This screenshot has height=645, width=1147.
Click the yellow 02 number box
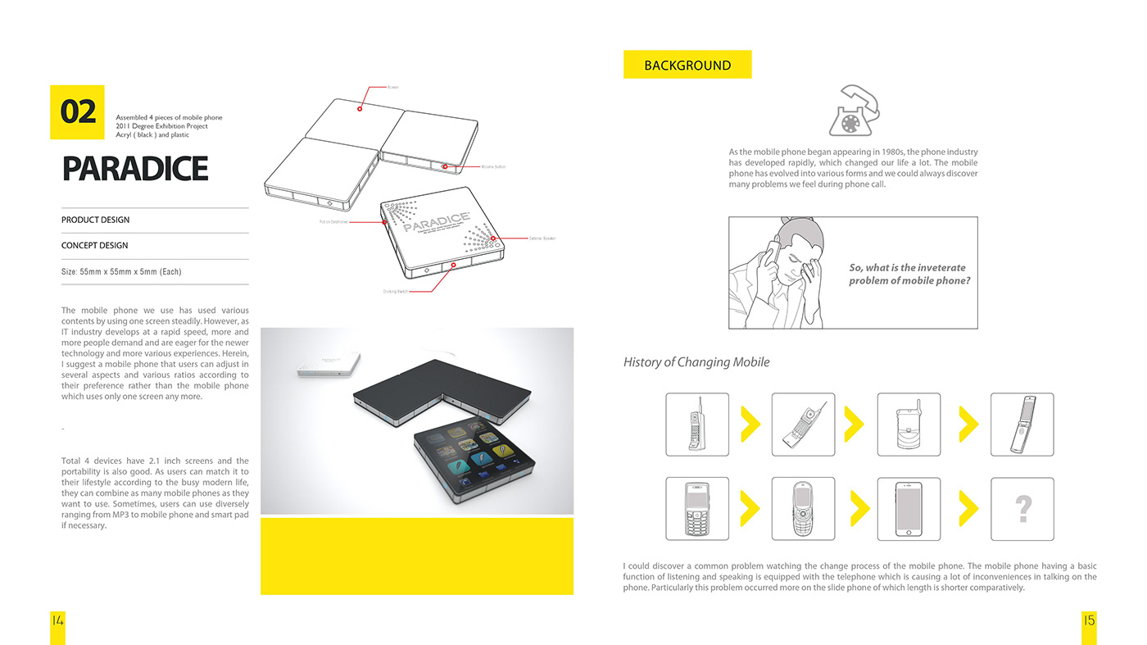77,111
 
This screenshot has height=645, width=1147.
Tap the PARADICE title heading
135,168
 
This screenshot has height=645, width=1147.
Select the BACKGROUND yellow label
687,65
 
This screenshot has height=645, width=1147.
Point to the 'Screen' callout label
393,87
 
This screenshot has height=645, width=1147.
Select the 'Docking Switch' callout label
395,291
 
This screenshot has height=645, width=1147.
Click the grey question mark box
1022,509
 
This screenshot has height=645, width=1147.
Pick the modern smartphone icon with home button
909,509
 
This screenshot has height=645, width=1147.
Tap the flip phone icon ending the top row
1022,424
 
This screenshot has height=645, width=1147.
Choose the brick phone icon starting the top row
696,424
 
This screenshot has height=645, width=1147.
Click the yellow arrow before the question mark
968,509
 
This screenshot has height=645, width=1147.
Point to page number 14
57,620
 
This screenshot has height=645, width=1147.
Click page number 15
1089,620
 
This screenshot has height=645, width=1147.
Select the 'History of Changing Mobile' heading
696,362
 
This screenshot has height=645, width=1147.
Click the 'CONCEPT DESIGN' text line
95,246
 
